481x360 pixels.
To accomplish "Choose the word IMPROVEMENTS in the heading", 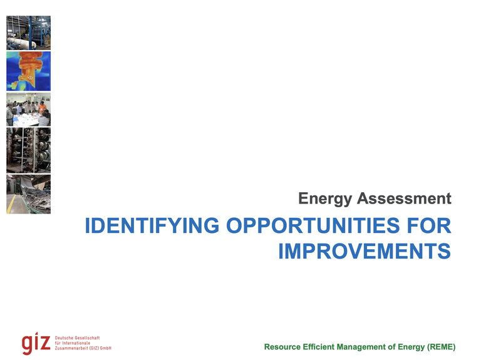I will coord(364,251).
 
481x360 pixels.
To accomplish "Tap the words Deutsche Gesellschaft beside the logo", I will coord(78,338).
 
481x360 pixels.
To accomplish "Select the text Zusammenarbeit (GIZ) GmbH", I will coord(83,348).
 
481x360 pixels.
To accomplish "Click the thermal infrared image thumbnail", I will coord(28,71).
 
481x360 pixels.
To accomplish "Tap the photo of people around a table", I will coord(28,110).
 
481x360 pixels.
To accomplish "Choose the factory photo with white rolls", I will coord(28,33).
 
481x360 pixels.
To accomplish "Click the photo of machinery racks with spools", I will coord(28,150).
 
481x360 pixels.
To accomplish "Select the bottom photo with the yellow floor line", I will coord(28,194).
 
